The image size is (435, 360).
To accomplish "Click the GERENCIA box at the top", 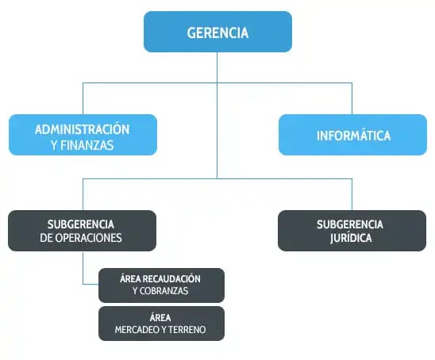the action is (217, 32).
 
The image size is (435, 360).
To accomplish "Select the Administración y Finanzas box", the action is (83, 135).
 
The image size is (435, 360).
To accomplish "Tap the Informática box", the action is (353, 135).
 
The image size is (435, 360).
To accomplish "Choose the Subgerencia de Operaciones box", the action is (82, 231).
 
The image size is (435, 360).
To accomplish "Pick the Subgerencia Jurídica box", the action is (352, 231).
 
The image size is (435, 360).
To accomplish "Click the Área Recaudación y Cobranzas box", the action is (161, 285).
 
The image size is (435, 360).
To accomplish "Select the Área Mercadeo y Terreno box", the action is (161, 324).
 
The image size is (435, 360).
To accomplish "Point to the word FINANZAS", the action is (87, 145).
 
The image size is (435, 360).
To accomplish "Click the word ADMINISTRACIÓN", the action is (83, 129).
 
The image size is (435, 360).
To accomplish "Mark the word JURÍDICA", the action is (351, 238).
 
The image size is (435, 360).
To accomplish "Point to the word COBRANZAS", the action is (164, 291).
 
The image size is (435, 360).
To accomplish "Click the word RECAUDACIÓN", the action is (172, 279).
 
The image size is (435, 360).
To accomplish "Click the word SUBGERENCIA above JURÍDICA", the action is (350, 224).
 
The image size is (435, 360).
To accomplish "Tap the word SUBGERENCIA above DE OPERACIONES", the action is (81, 224).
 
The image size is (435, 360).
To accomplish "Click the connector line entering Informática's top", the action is (352, 98).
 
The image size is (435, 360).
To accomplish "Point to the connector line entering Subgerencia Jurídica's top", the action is (352, 194).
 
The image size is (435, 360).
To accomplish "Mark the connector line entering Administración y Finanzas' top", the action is (83, 98).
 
